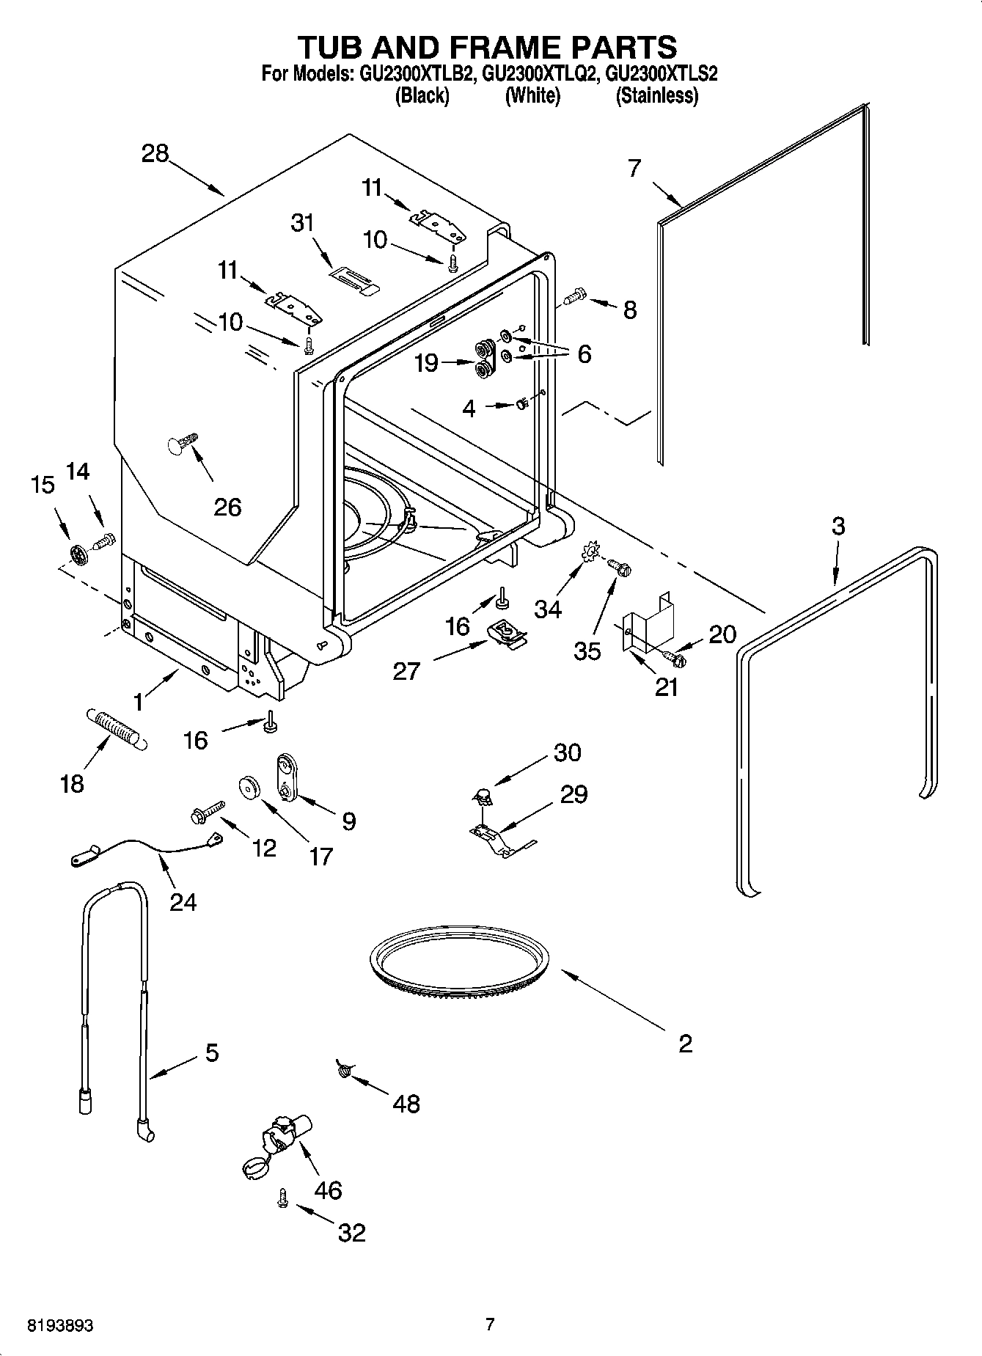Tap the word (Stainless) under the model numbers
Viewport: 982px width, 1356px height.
point(657,95)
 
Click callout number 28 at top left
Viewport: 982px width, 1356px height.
point(155,153)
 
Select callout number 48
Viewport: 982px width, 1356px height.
point(406,1103)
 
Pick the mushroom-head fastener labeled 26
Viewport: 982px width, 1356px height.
point(182,444)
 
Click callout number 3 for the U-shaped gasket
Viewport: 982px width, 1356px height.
point(838,526)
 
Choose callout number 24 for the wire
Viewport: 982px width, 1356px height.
point(183,901)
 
